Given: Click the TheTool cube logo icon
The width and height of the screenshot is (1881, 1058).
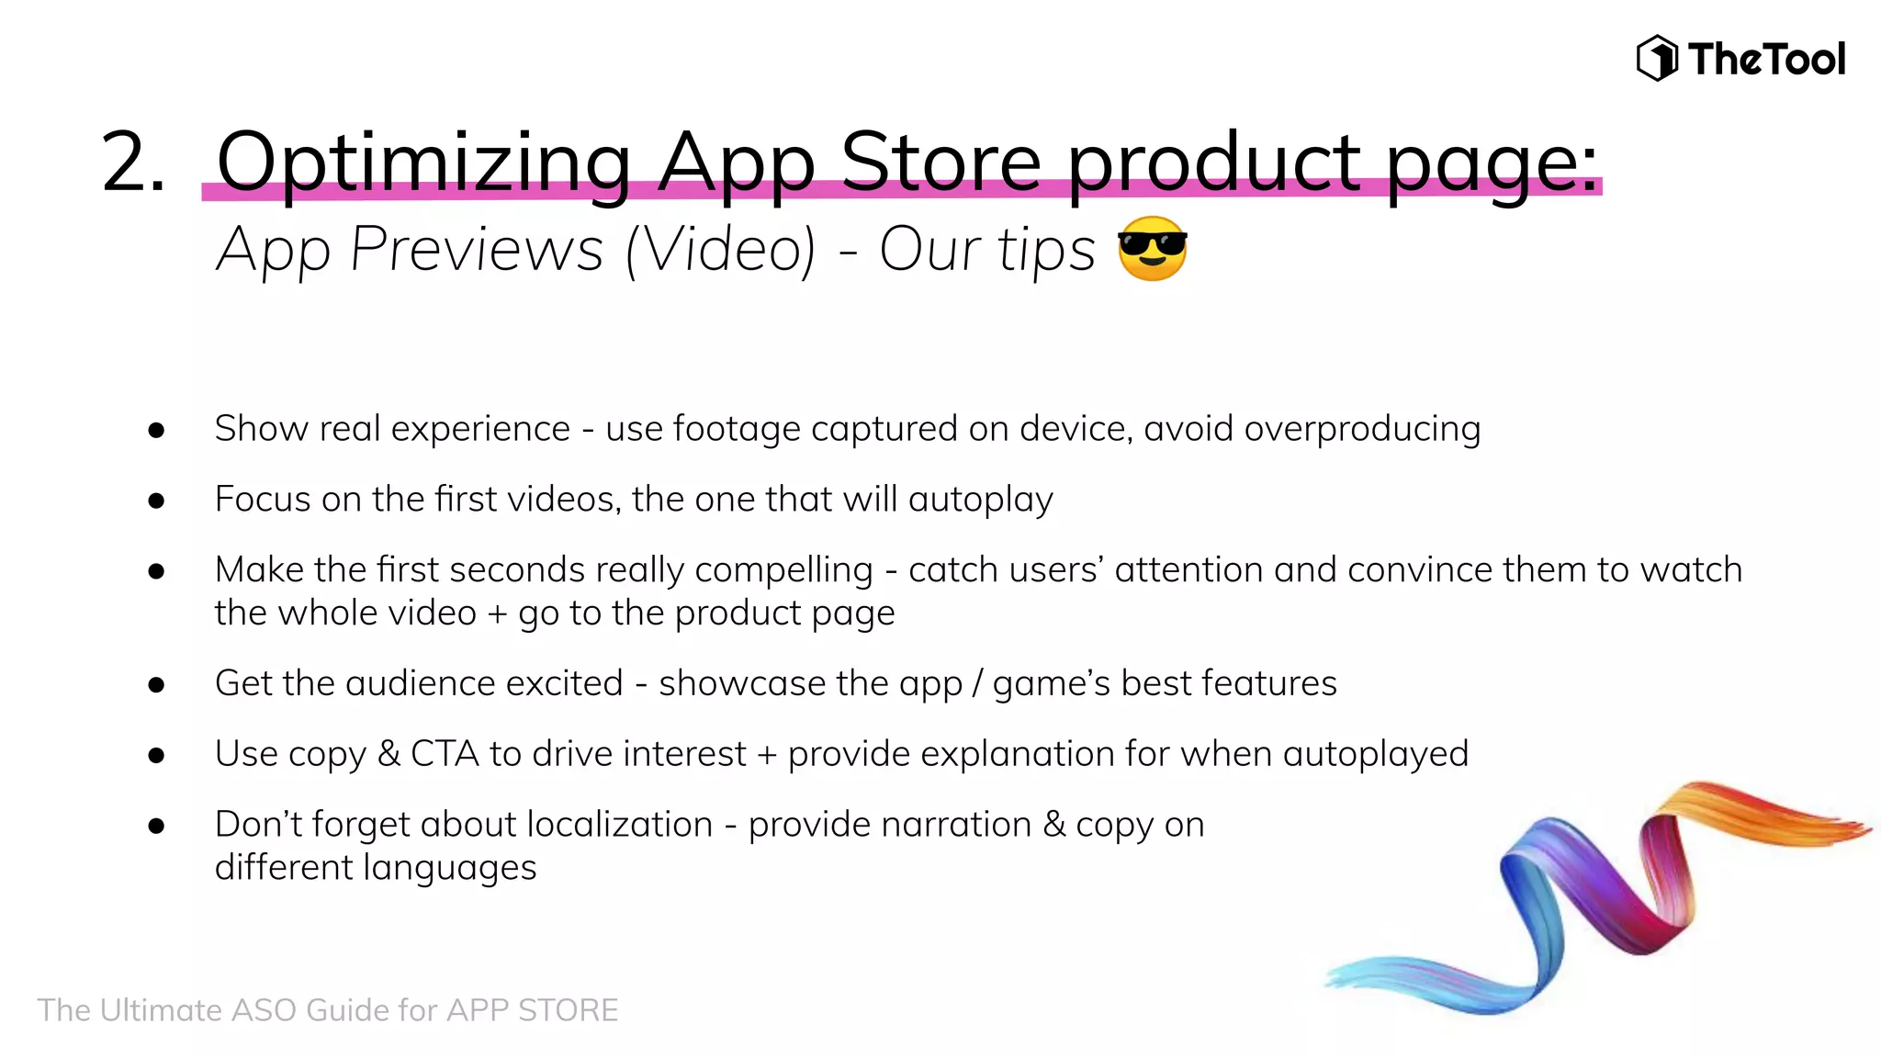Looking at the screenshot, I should pyautogui.click(x=1657, y=59).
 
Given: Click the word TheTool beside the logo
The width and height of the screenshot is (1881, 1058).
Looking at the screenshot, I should pyautogui.click(x=1766, y=60).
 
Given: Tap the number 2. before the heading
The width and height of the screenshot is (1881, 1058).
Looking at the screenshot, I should pyautogui.click(x=133, y=163).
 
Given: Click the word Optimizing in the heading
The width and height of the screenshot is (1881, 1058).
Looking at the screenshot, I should pyautogui.click(x=423, y=163).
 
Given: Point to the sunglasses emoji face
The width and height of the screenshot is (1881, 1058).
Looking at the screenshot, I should pyautogui.click(x=1152, y=249).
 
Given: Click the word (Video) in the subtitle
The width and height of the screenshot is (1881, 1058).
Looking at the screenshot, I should pyautogui.click(x=720, y=250).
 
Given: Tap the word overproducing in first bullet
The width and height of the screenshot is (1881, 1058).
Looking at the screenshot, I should pyautogui.click(x=1362, y=429).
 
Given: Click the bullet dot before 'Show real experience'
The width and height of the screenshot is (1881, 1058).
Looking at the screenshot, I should pyautogui.click(x=156, y=430).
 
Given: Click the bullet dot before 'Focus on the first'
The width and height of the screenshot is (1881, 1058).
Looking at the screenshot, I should pyautogui.click(x=156, y=501).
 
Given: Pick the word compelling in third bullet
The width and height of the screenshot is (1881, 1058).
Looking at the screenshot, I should pyautogui.click(x=783, y=570).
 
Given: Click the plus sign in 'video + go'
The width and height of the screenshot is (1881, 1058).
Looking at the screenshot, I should pyautogui.click(x=497, y=614).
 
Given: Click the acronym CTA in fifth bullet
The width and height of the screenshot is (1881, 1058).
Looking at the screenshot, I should pyautogui.click(x=445, y=754).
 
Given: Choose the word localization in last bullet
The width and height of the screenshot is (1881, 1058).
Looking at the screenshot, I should pyautogui.click(x=620, y=825).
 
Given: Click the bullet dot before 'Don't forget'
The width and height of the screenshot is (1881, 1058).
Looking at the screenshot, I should pyautogui.click(x=156, y=826).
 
